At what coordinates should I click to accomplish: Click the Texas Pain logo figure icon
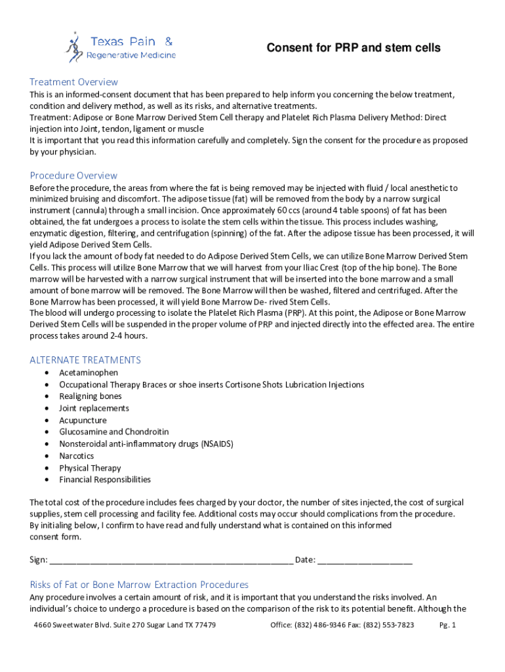[x=73, y=47]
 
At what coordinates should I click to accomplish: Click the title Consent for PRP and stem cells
[x=353, y=48]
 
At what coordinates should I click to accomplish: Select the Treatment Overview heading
[x=73, y=82]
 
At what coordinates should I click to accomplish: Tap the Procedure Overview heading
[x=73, y=176]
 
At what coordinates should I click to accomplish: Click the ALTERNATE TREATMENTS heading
[x=85, y=360]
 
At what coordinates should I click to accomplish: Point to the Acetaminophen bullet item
[x=79, y=373]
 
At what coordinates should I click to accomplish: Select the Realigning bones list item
[x=91, y=396]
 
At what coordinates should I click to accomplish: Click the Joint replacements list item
[x=94, y=408]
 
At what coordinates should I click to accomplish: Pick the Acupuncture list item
[x=83, y=421]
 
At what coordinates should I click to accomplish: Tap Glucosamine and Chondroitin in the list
[x=113, y=432]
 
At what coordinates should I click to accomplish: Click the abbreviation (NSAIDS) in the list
[x=217, y=444]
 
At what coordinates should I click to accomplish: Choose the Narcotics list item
[x=76, y=456]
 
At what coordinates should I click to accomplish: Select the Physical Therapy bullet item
[x=90, y=469]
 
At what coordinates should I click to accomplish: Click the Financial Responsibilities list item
[x=105, y=480]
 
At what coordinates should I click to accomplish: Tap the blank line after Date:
[x=365, y=560]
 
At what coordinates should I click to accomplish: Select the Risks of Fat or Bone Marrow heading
[x=139, y=585]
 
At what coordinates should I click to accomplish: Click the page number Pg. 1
[x=447, y=625]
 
